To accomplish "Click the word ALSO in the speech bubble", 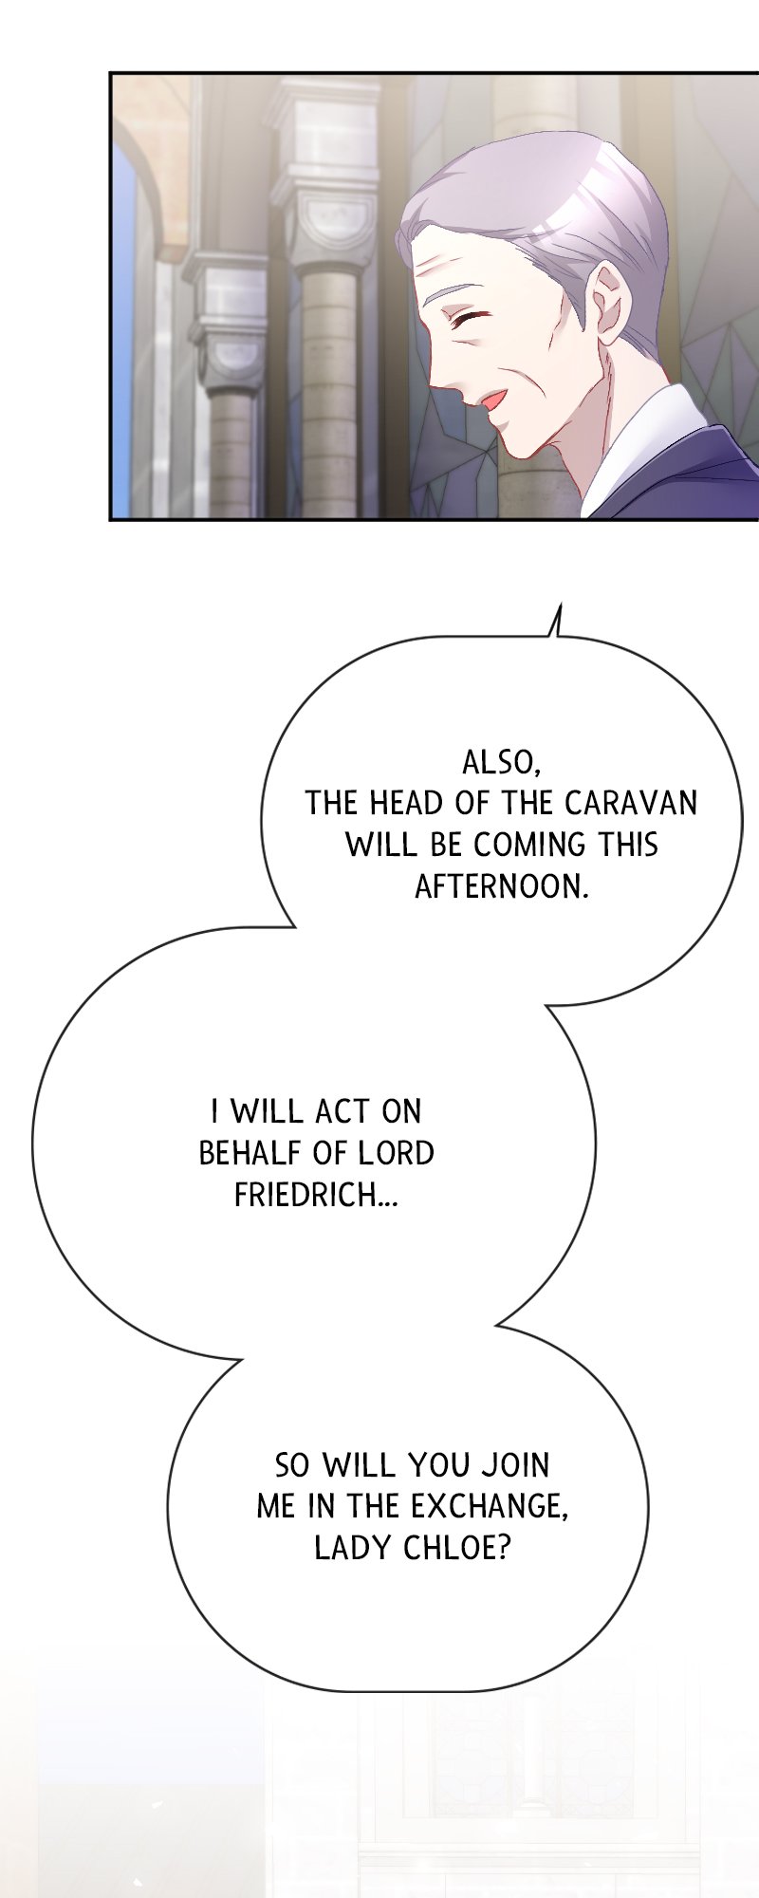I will (x=501, y=762).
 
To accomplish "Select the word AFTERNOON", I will (x=502, y=886).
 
